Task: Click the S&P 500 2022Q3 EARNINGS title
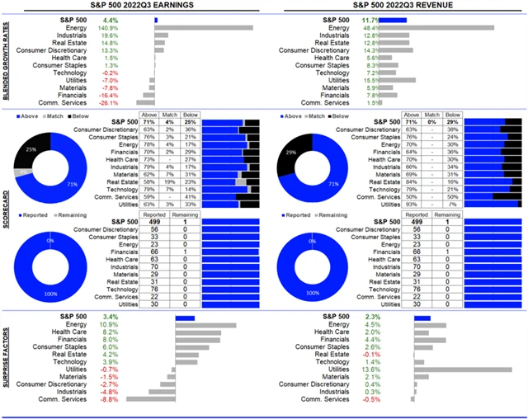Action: click(134, 6)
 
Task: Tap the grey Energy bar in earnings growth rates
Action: click(203, 27)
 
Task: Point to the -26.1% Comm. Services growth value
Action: click(108, 103)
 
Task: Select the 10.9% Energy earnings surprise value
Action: click(108, 325)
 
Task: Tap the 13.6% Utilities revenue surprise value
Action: click(372, 370)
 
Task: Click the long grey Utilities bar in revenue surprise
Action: click(463, 370)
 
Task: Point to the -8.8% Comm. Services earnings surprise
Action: click(108, 399)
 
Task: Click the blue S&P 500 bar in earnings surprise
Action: click(183, 317)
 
